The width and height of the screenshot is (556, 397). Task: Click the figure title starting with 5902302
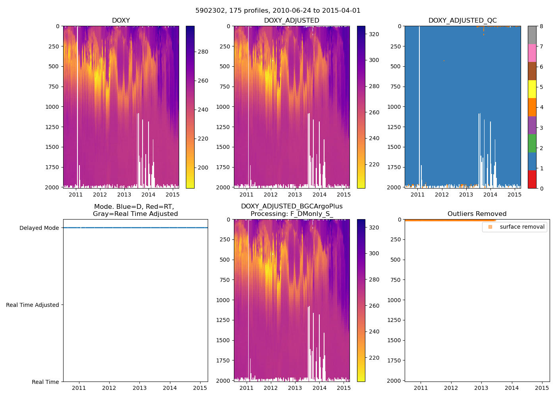278,11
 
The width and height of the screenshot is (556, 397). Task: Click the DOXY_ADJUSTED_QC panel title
462,21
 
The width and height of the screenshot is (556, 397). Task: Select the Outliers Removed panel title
477,214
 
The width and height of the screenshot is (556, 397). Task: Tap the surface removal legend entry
522,227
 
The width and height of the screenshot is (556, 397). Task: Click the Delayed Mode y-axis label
39,228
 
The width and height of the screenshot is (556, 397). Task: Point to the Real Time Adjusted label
32,305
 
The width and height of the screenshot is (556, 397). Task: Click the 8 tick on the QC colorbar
541,26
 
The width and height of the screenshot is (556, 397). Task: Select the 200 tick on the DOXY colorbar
203,168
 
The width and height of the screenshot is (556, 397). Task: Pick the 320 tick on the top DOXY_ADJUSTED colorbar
374,34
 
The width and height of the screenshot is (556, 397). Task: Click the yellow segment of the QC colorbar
532,89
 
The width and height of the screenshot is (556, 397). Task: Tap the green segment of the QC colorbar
532,143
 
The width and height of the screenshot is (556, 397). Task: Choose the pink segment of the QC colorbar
532,53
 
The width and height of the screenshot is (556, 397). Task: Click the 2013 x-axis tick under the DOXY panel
124,195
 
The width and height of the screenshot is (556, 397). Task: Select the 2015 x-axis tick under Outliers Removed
542,388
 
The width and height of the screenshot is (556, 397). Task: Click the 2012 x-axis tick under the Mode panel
109,388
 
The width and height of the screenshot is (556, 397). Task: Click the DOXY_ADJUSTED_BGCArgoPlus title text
292,206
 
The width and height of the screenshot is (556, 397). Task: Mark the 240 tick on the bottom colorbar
374,331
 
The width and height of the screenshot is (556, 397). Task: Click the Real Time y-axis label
45,382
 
